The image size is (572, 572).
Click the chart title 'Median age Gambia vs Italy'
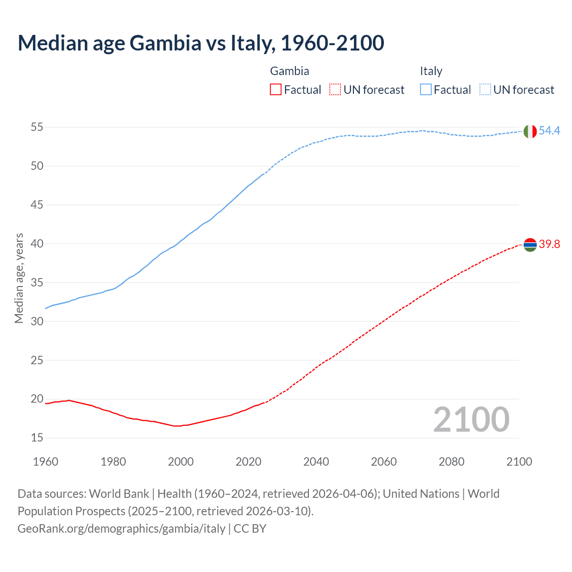click(x=201, y=43)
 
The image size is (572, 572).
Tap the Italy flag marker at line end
click(x=530, y=131)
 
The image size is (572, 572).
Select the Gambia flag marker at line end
click(x=530, y=245)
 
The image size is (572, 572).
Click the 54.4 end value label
click(x=549, y=130)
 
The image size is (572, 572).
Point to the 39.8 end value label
click(x=549, y=244)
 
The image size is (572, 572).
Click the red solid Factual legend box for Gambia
click(x=276, y=90)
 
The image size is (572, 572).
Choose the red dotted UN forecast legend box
click(x=335, y=90)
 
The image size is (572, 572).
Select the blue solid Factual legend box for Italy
click(x=425, y=90)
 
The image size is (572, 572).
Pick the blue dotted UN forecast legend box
click(x=485, y=90)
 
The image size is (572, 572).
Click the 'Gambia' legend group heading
click(x=290, y=71)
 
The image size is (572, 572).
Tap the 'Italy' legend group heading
click(x=431, y=71)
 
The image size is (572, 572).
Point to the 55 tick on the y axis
click(x=37, y=127)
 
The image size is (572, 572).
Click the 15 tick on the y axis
click(x=37, y=437)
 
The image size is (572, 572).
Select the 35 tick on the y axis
click(x=37, y=282)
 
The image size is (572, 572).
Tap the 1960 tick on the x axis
click(x=46, y=462)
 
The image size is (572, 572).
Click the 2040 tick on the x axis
click(x=316, y=462)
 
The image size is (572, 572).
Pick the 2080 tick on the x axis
click(x=451, y=462)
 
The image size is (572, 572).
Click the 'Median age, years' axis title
click(x=19, y=278)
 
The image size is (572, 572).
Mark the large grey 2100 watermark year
click(x=471, y=419)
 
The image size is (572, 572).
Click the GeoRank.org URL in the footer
click(x=122, y=528)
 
